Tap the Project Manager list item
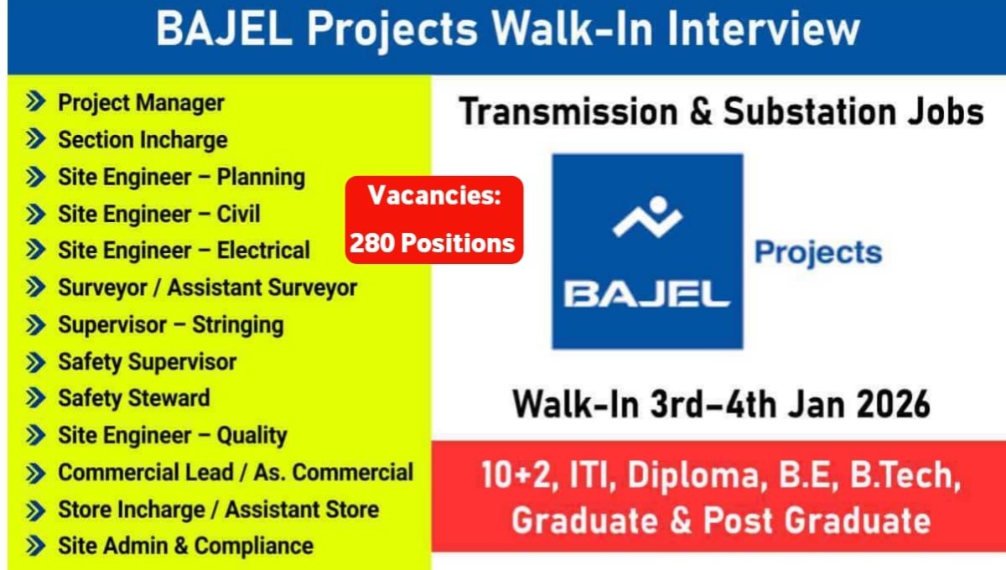point(140,103)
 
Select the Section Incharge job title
point(142,140)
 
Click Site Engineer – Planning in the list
point(181,177)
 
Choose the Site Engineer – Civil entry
point(158,214)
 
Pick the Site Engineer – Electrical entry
point(184,251)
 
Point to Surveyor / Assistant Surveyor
point(207,288)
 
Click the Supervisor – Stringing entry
point(170,324)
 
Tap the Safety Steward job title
point(133,398)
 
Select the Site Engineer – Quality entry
point(172,436)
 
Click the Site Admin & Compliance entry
point(185,547)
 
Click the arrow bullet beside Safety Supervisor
point(35,362)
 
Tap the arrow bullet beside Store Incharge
point(35,510)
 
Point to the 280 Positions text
point(432,243)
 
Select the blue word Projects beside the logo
point(818,252)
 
